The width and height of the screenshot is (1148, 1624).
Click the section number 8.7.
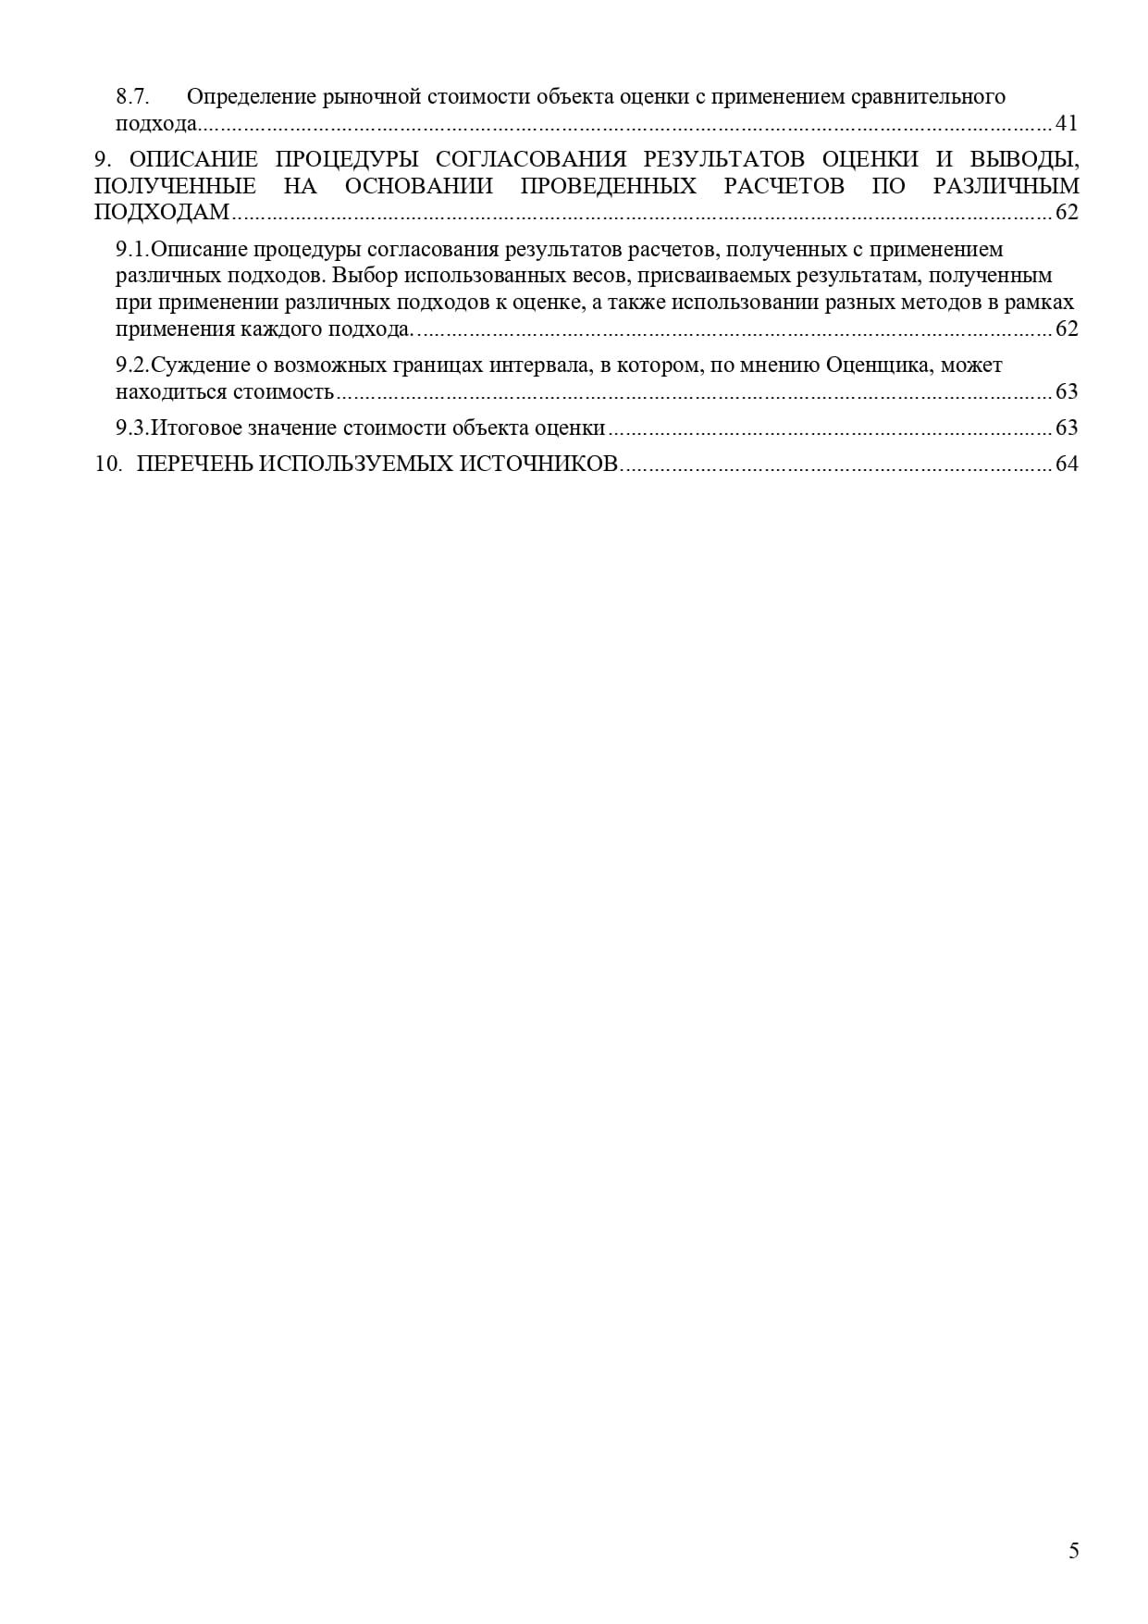(x=133, y=97)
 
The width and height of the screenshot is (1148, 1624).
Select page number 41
(x=1067, y=124)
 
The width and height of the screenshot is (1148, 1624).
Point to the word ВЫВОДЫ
(x=1033, y=159)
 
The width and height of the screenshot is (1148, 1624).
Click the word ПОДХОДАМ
(x=161, y=213)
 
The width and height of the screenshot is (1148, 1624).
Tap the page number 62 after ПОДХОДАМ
(x=1067, y=213)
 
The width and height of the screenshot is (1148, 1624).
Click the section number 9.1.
(x=132, y=250)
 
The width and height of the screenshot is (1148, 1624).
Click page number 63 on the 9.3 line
(x=1067, y=428)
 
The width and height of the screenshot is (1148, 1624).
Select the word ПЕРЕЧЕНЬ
(x=193, y=464)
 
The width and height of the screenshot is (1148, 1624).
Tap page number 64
(x=1067, y=464)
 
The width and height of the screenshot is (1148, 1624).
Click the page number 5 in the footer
(x=1073, y=1552)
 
